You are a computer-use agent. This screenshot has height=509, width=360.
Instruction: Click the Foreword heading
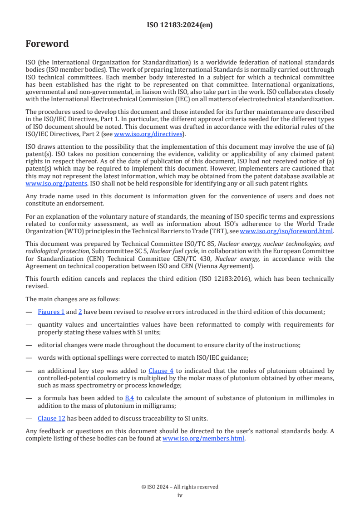click(x=47, y=44)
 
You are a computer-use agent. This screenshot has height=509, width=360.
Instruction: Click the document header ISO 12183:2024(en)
click(x=180, y=25)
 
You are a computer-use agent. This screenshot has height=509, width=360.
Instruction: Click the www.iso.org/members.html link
click(x=203, y=439)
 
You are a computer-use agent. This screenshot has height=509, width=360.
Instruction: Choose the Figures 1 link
click(x=51, y=312)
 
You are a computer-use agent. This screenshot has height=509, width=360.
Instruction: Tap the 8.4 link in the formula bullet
click(x=129, y=398)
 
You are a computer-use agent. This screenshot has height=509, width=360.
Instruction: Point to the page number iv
click(x=180, y=495)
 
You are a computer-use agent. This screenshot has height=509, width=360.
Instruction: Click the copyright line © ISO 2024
click(x=180, y=487)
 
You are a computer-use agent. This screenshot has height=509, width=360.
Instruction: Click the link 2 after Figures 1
click(x=80, y=312)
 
